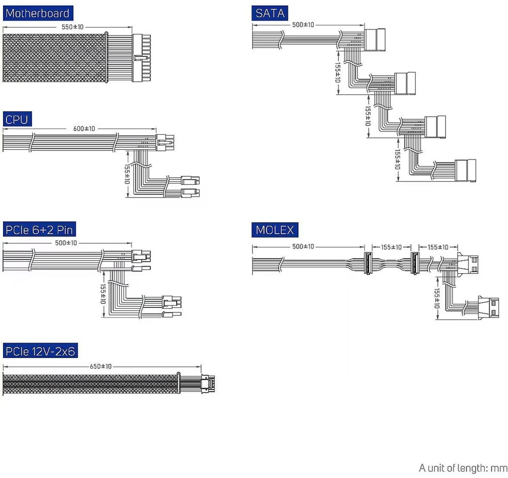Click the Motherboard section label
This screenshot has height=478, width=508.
pyautogui.click(x=38, y=13)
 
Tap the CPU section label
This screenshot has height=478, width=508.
pyautogui.click(x=17, y=119)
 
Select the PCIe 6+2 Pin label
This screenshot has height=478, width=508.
pyautogui.click(x=39, y=230)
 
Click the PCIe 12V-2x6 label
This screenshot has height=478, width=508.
pyautogui.click(x=40, y=350)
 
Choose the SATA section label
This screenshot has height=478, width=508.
pyautogui.click(x=270, y=13)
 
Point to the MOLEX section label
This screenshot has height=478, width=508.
pyautogui.click(x=275, y=230)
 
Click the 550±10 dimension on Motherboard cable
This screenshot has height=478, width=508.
pyautogui.click(x=73, y=27)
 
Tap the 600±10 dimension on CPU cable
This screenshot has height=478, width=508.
pyautogui.click(x=84, y=129)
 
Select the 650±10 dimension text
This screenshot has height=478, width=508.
pyautogui.click(x=101, y=366)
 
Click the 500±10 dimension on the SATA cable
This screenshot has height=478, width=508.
pyautogui.click(x=303, y=24)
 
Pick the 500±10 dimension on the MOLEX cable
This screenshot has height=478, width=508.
pyautogui.click(x=303, y=246)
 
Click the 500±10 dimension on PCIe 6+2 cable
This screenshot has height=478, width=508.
pyautogui.click(x=66, y=243)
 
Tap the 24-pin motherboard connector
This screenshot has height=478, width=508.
pyautogui.click(x=141, y=58)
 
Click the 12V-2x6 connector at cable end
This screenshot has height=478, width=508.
pyautogui.click(x=208, y=384)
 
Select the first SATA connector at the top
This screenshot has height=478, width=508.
pyautogui.click(x=375, y=40)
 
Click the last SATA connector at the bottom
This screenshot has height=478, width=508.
pyautogui.click(x=465, y=171)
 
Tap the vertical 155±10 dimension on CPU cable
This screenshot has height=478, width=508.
pyautogui.click(x=127, y=174)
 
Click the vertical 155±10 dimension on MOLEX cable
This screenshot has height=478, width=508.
pyautogui.click(x=437, y=299)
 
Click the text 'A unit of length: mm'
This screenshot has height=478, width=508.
pyautogui.click(x=463, y=468)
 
